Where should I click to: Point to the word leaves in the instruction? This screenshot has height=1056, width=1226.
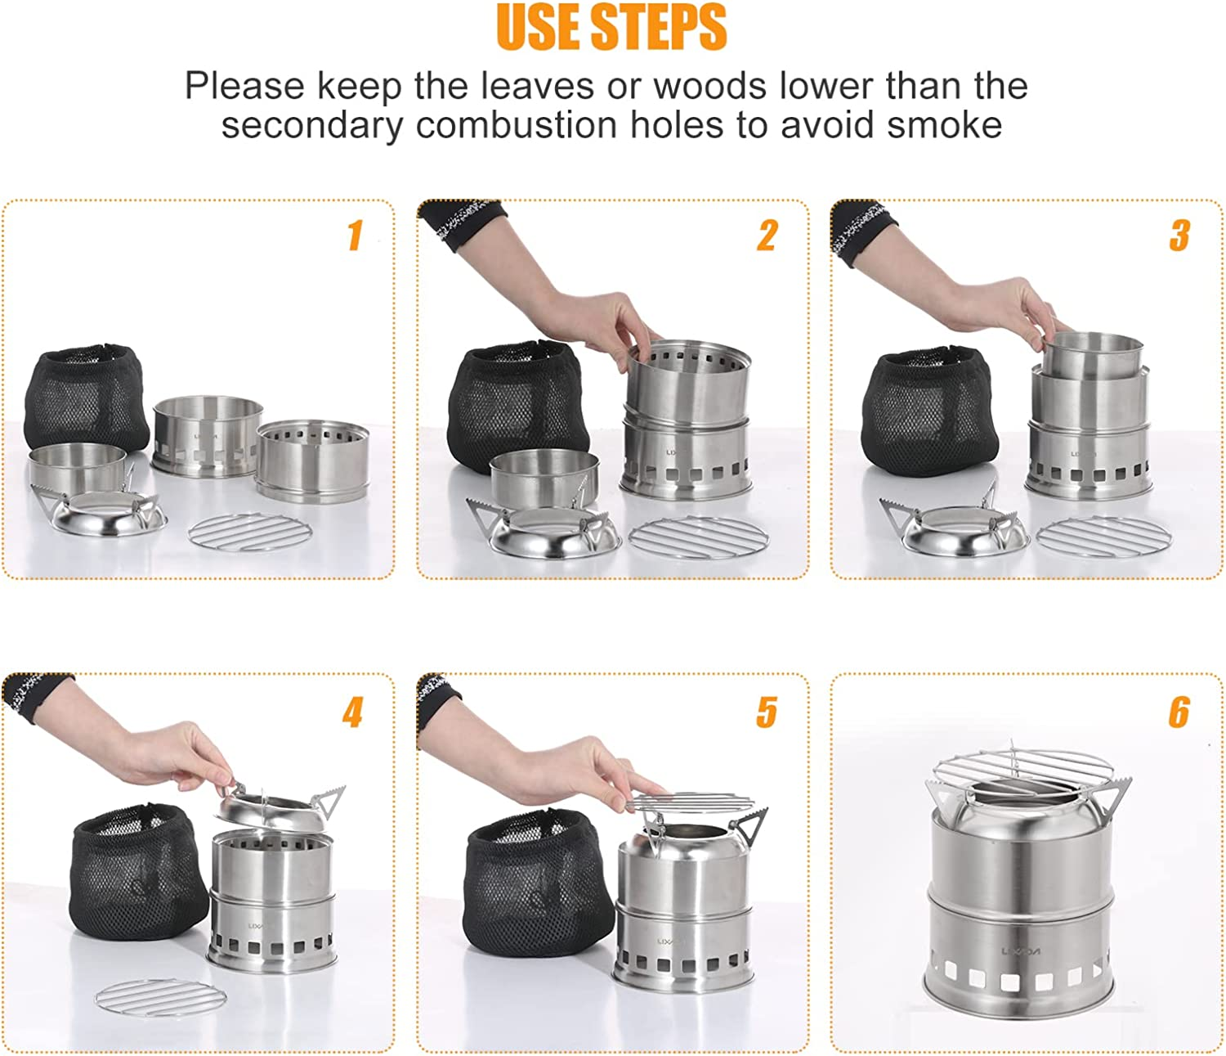pos(536,86)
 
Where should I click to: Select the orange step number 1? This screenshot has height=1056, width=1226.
pos(355,235)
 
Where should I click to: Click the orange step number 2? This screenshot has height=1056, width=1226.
pos(767,235)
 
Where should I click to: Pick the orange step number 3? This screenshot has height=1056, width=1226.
pos(1179,235)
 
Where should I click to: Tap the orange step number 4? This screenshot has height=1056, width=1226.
pos(352,712)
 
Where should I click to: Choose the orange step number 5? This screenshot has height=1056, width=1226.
pos(767,712)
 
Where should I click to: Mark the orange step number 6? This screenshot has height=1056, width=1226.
pos(1179,712)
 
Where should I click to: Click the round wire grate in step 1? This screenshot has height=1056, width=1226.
pos(250,533)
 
